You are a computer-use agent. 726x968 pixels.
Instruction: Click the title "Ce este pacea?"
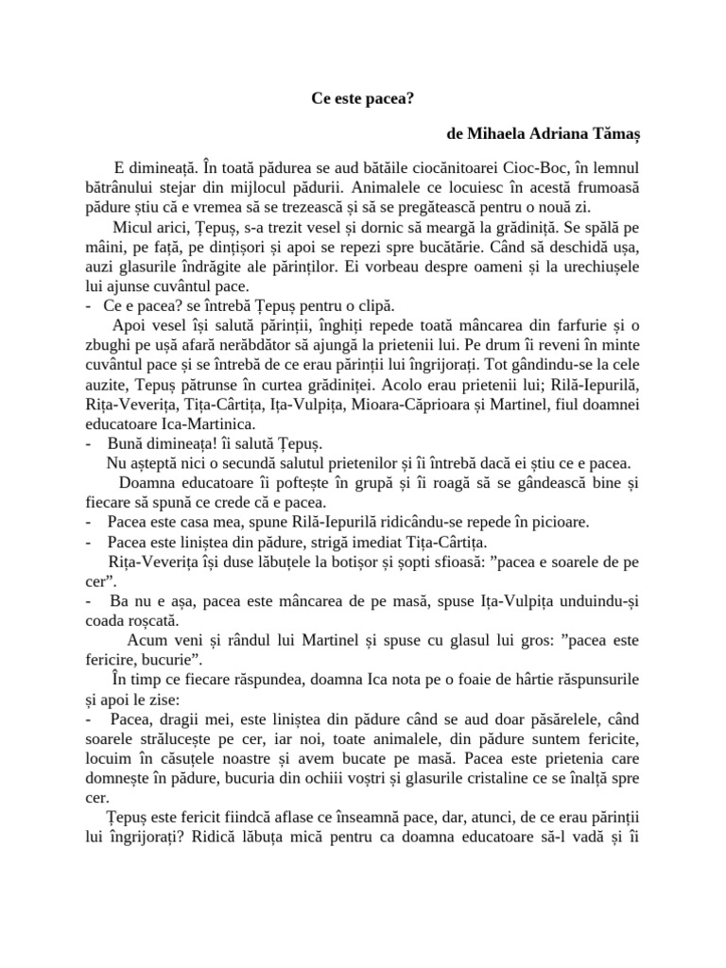tap(362, 97)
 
